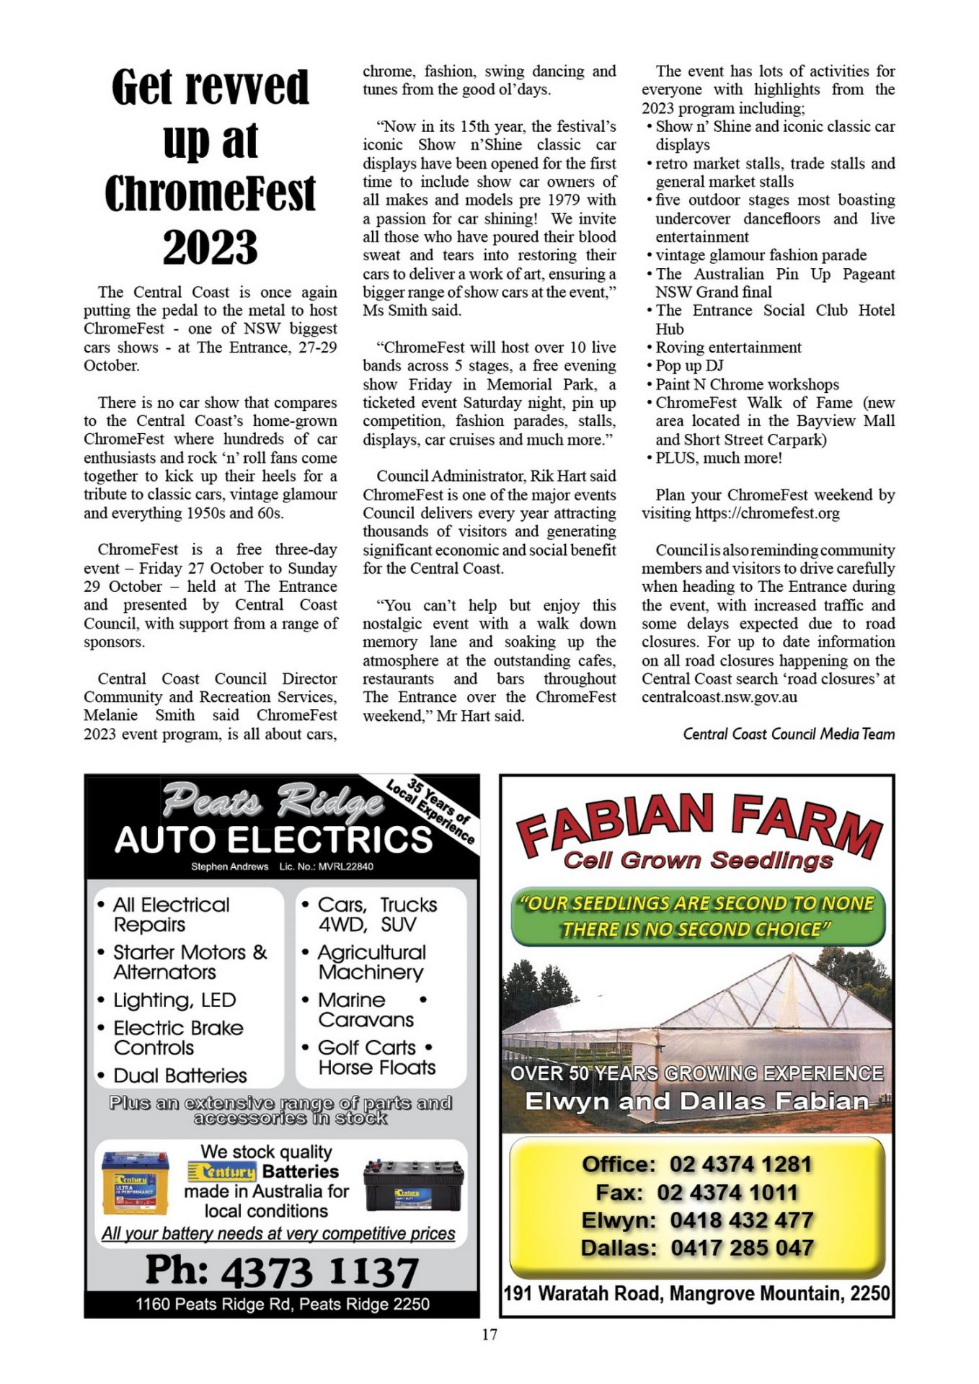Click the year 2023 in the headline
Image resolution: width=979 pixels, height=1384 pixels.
[210, 247]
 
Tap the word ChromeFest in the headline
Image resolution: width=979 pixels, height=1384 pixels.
[210, 193]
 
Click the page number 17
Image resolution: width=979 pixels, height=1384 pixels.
[489, 1334]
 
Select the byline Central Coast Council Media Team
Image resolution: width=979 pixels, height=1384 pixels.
[789, 734]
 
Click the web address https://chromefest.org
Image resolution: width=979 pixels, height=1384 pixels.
[767, 513]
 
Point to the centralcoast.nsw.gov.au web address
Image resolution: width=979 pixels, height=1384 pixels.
[719, 697]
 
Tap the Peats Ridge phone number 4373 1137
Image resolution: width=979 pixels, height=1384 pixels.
[319, 1271]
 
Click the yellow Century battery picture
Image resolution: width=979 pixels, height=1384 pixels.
[136, 1183]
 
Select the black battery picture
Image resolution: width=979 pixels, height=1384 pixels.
[412, 1185]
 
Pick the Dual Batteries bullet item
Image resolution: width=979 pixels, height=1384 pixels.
[180, 1075]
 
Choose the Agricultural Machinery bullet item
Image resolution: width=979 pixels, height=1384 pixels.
[371, 962]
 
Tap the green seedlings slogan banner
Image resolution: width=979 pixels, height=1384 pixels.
[697, 916]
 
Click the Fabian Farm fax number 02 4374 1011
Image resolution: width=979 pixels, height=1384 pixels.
[727, 1192]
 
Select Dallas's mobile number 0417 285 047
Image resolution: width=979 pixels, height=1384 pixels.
[742, 1247]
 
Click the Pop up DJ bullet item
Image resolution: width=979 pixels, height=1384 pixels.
[689, 365]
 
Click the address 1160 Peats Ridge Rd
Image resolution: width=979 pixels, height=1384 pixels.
[282, 1304]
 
